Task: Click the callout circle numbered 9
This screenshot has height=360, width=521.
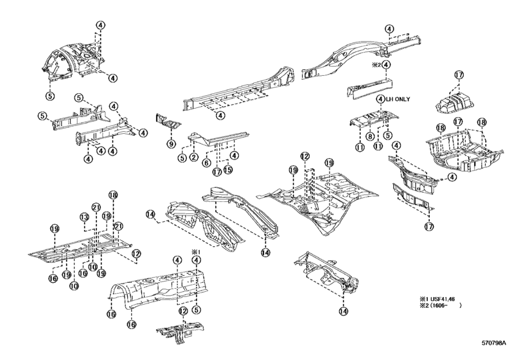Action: [x=171, y=144]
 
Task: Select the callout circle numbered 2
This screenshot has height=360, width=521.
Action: [x=194, y=157]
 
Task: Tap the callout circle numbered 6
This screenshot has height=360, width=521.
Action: [x=206, y=163]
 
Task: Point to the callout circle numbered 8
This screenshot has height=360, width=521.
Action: [x=370, y=136]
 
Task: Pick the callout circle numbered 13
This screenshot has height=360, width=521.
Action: [x=84, y=217]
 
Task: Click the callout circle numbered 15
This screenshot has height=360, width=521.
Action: [x=228, y=169]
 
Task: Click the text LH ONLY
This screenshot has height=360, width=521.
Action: [x=398, y=99]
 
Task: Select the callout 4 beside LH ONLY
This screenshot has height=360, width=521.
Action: [x=381, y=99]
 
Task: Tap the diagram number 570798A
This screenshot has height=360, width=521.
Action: [x=494, y=343]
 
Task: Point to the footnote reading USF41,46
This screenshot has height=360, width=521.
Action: [x=443, y=298]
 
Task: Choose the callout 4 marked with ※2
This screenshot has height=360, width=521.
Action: [x=386, y=65]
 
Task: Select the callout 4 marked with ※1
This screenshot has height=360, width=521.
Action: [x=197, y=260]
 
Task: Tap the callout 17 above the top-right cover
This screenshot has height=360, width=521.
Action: [x=459, y=75]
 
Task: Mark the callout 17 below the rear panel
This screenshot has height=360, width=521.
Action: [x=429, y=227]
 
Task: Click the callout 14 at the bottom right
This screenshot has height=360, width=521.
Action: [x=343, y=311]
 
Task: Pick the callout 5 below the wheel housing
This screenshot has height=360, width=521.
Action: [x=50, y=96]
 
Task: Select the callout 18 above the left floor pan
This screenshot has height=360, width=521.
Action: [x=113, y=195]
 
